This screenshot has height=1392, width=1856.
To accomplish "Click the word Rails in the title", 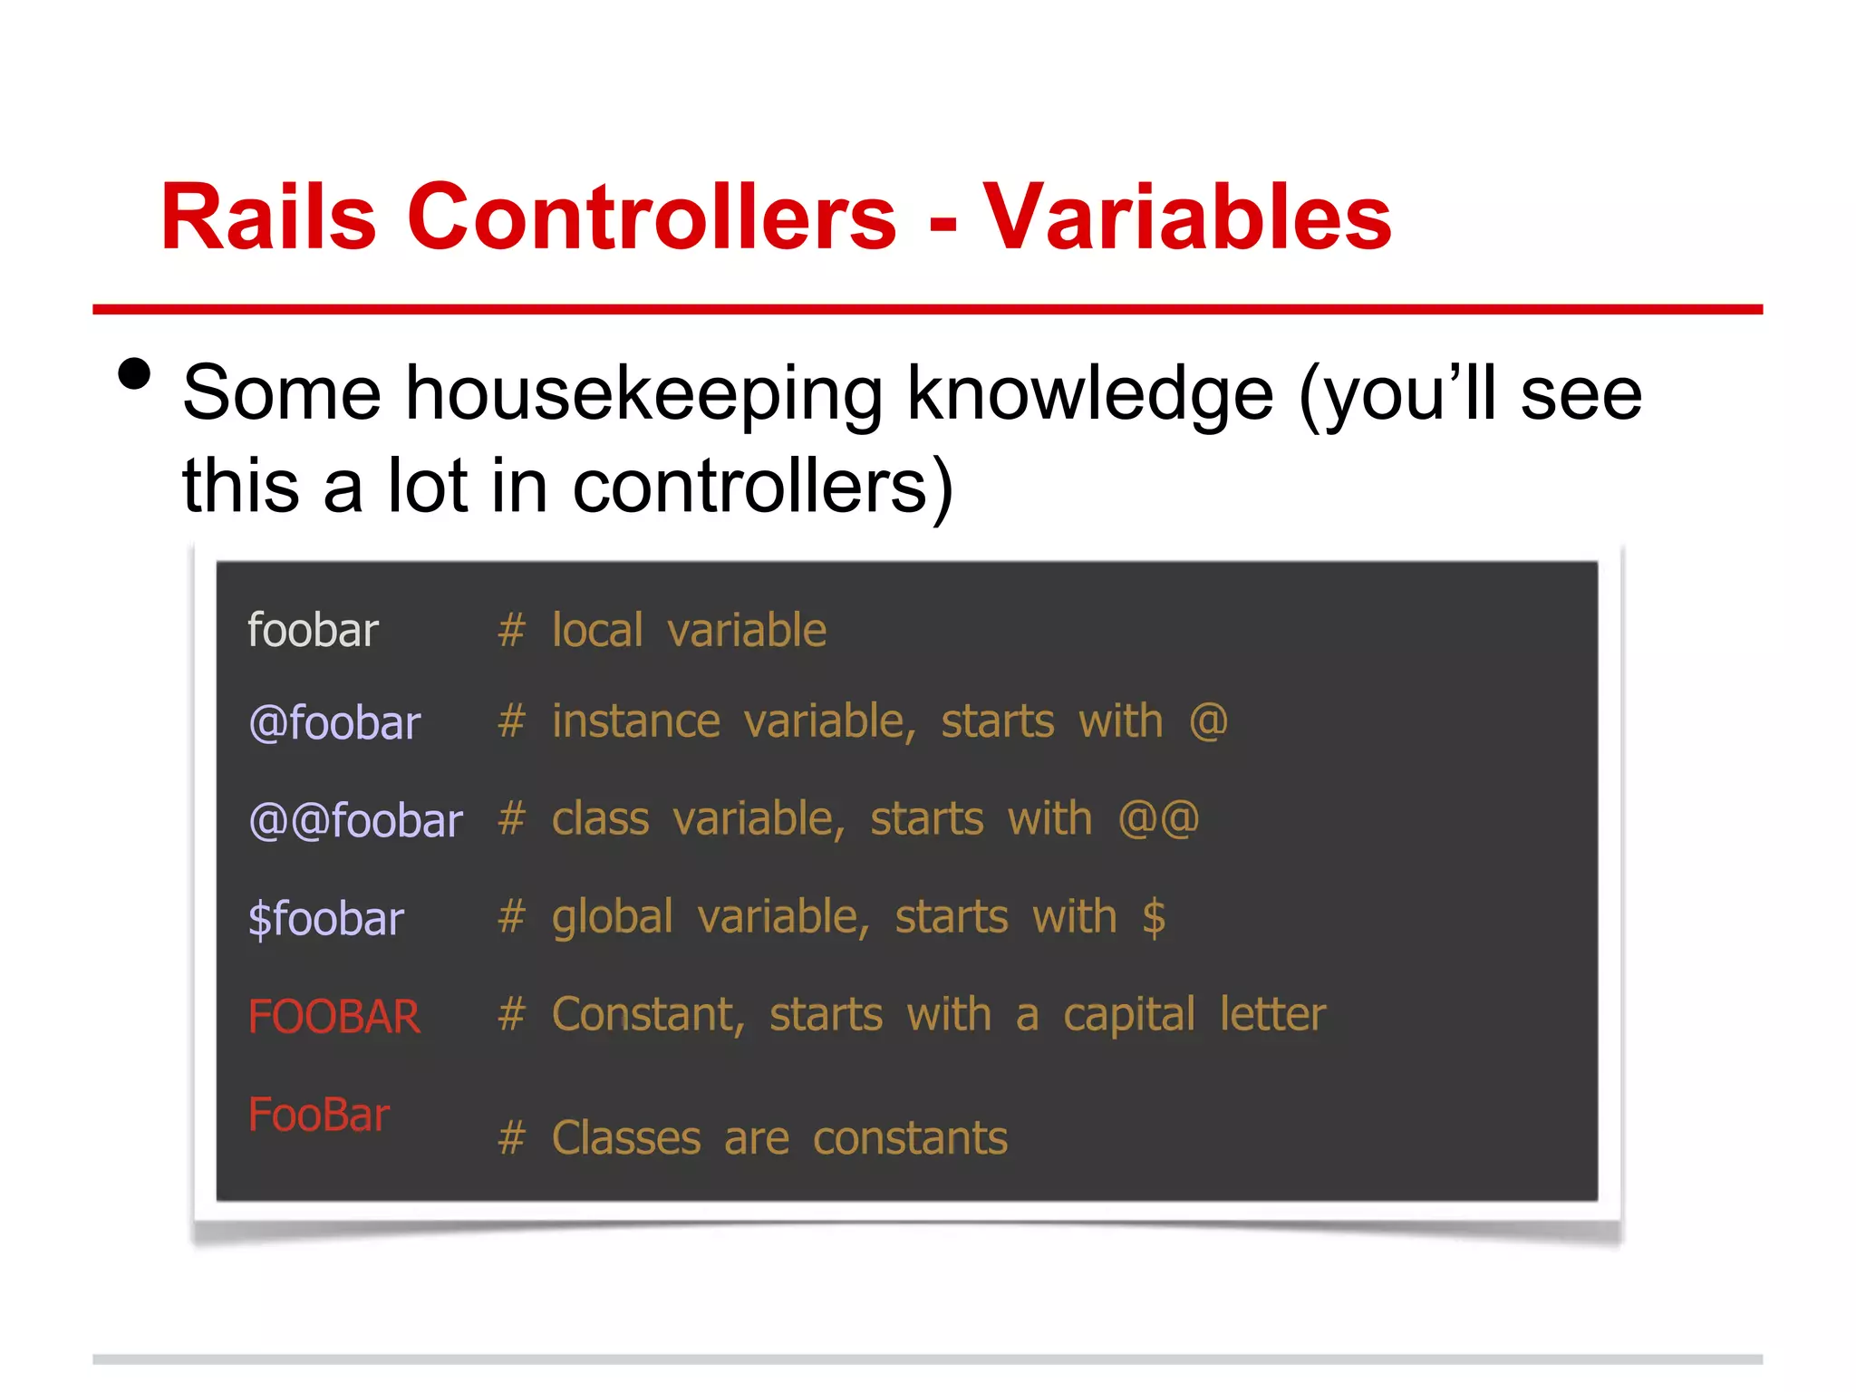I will pos(267,217).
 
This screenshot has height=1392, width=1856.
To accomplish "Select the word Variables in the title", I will pos(1187,217).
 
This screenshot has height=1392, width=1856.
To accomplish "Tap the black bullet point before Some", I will pos(134,373).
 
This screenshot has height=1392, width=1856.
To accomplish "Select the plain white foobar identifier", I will pos(313,630).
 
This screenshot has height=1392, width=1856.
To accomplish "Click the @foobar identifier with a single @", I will pos(334,723).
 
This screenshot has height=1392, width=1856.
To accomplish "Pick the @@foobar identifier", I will pos(355,821).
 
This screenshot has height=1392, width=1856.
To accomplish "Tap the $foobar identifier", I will pos(325,919).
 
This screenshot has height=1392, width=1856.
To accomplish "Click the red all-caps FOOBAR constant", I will pos(333,1016).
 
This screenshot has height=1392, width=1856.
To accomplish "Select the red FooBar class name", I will pos(318,1114).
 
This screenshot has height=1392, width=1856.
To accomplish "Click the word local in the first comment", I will pos(597,630).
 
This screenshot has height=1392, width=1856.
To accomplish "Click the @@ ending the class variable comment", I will pos(1158,819).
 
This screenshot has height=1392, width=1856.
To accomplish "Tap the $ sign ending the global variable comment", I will pos(1154,917).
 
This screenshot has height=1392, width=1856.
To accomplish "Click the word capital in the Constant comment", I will pos(1129,1015).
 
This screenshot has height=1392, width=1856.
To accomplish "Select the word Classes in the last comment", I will pos(626,1138).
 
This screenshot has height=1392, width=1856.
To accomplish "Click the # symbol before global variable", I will pos(511,917).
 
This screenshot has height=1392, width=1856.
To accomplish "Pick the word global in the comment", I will pos(613,917).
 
